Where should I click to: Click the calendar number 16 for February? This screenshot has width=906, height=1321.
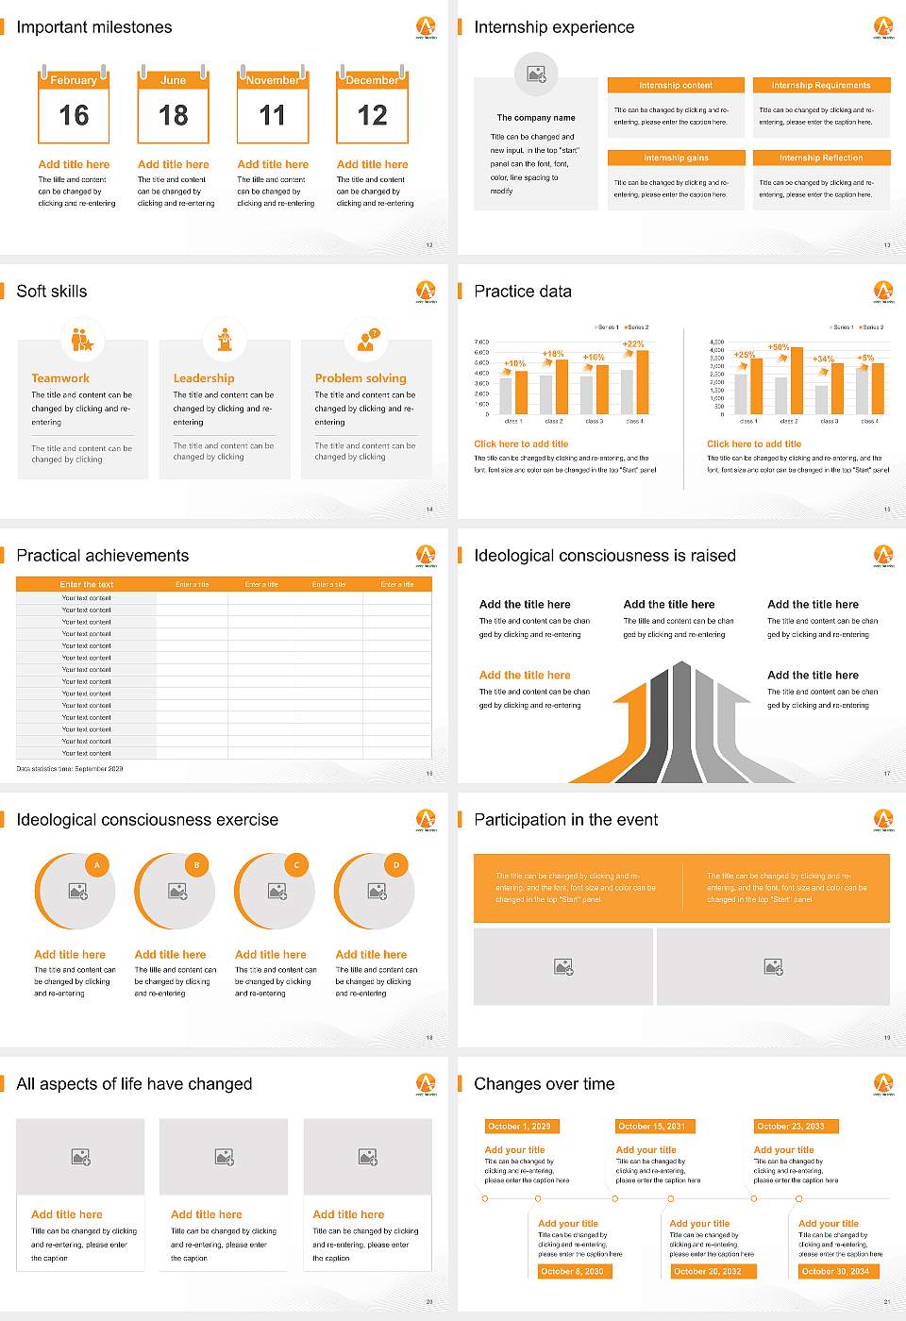74,116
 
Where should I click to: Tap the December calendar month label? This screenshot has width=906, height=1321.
372,80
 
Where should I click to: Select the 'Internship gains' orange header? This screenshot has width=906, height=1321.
676,158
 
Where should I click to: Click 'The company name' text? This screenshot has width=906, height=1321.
536,118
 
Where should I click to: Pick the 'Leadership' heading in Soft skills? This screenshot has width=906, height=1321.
204,378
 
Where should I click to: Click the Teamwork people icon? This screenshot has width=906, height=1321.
82,339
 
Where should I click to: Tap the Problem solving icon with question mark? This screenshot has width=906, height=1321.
366,339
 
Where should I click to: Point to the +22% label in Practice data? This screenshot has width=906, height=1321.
633,344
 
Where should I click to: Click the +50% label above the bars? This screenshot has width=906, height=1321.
779,347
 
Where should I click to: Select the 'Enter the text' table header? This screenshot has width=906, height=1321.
86,584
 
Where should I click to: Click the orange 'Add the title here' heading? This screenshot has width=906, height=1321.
525,676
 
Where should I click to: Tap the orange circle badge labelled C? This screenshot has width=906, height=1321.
296,864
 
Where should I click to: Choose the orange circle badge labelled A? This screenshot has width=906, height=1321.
96,864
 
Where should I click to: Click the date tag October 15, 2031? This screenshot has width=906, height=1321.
652,1126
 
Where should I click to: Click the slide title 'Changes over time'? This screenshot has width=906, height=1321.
544,1084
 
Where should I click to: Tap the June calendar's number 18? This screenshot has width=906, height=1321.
174,116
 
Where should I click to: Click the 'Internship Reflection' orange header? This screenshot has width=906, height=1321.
821,158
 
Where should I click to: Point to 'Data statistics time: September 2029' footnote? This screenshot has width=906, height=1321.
70,769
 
